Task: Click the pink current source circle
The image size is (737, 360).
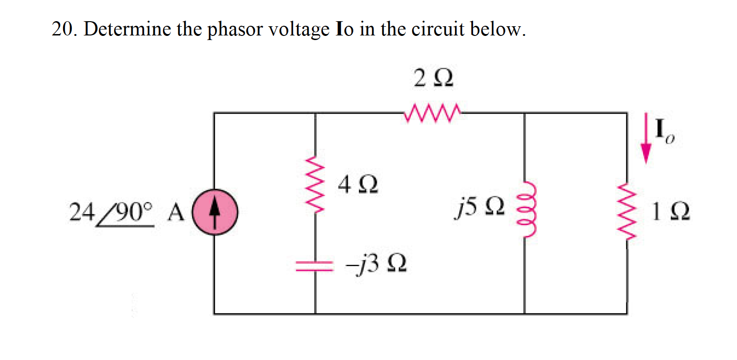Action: click(215, 212)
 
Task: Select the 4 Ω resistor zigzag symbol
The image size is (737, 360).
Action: click(315, 183)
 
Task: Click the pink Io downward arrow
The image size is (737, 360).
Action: click(646, 138)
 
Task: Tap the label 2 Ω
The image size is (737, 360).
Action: click(433, 78)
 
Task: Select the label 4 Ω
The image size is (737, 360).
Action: click(358, 185)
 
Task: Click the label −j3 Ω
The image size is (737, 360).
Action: click(376, 264)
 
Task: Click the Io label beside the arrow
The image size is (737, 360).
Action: click(664, 131)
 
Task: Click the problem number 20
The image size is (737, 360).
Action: click(64, 29)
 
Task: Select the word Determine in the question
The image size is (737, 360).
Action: click(127, 29)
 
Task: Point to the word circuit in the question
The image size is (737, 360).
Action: click(438, 29)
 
